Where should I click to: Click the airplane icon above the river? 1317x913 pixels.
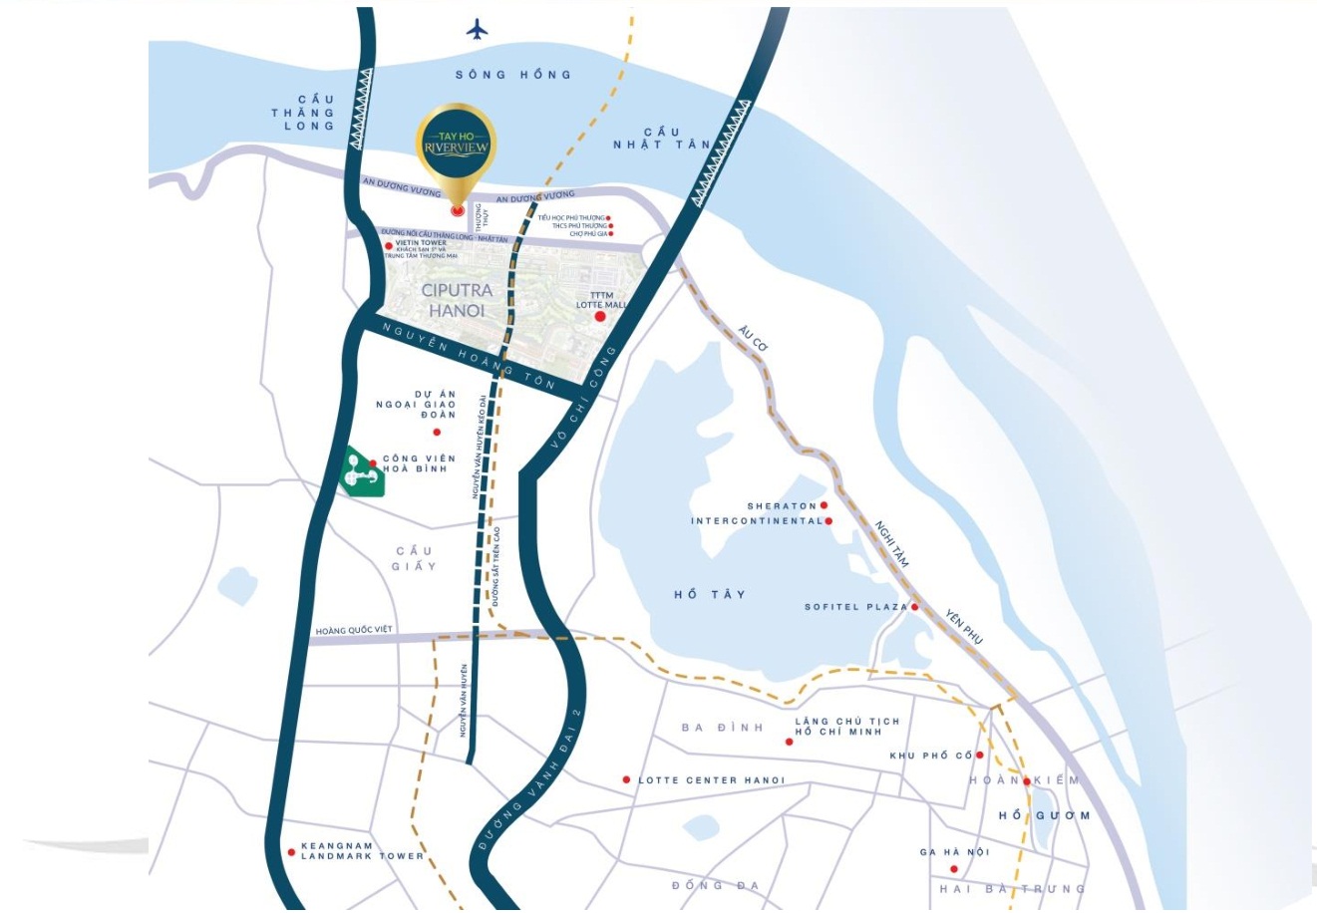(x=478, y=30)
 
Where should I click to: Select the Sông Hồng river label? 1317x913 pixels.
(x=513, y=75)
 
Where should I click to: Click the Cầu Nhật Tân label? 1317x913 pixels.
(x=662, y=139)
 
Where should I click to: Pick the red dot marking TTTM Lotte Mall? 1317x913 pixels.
(x=600, y=317)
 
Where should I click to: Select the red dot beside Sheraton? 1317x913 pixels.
(x=823, y=506)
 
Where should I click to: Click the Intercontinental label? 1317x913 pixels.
(x=757, y=521)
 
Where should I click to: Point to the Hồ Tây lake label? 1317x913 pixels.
(x=710, y=595)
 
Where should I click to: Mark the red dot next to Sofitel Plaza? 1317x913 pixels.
(x=914, y=606)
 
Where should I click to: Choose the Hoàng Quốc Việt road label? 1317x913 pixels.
(x=355, y=631)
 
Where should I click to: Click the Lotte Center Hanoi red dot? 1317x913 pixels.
(x=626, y=779)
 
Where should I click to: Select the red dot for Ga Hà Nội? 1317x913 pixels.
(x=954, y=869)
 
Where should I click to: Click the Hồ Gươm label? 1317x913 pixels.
(x=1044, y=815)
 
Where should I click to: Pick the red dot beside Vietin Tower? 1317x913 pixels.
(x=389, y=245)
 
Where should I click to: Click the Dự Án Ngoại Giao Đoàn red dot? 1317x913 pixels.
(x=437, y=432)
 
